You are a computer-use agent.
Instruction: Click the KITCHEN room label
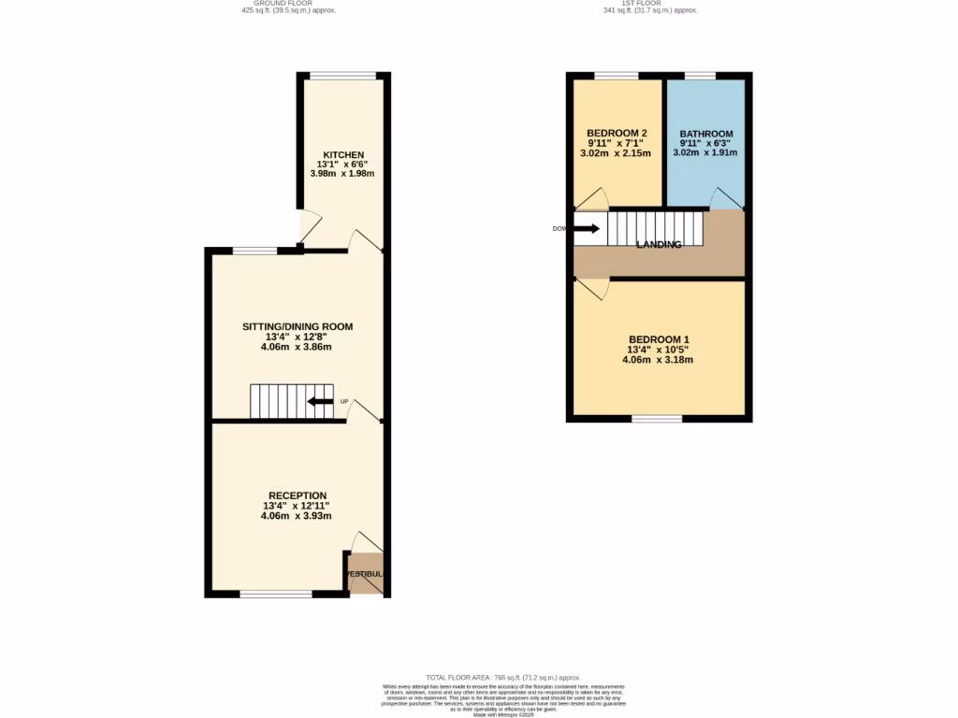point(343,154)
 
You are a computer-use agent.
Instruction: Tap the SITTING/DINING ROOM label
point(298,326)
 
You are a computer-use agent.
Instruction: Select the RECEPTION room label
point(298,495)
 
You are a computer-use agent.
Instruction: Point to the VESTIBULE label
point(365,574)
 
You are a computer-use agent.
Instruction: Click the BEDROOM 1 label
point(660,339)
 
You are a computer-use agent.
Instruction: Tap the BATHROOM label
point(706,134)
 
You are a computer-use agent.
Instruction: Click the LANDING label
point(659,244)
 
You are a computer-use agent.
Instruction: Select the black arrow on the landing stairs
point(587,227)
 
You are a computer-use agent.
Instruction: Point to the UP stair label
point(344,402)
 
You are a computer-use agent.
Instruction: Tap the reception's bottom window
point(276,594)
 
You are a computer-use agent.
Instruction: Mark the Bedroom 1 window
point(657,419)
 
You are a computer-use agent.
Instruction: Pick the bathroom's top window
point(699,75)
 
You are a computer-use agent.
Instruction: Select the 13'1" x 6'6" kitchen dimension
point(343,164)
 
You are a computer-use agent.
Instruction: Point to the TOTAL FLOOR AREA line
point(503,677)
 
